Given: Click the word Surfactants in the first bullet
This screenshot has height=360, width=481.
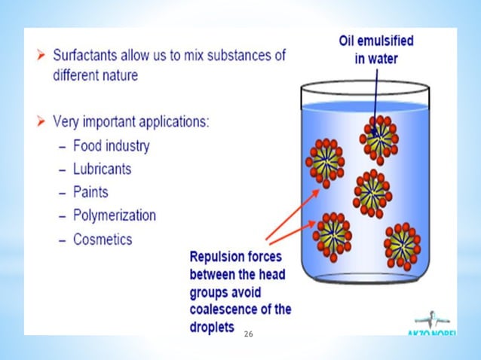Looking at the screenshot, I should (x=86, y=56).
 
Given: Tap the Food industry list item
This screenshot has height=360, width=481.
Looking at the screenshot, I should (x=112, y=145).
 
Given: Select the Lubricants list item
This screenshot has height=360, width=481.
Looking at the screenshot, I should (x=103, y=169).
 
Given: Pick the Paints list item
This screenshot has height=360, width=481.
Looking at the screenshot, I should (x=91, y=192).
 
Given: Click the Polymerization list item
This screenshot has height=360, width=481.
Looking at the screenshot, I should (x=115, y=215).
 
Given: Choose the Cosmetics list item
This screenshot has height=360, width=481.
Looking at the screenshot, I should (x=103, y=239).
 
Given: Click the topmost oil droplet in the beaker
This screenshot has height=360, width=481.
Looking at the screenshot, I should (x=381, y=137).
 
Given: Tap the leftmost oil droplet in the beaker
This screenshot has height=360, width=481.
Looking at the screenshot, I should (x=325, y=161).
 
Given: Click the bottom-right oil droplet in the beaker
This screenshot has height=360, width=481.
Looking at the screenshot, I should (x=403, y=243).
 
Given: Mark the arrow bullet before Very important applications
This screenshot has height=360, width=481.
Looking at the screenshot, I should (x=39, y=121).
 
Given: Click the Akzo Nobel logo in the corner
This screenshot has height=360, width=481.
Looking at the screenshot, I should (x=437, y=321).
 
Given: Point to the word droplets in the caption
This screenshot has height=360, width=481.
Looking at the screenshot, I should (x=212, y=328).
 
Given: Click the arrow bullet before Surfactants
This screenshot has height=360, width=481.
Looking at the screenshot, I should (x=39, y=56).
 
